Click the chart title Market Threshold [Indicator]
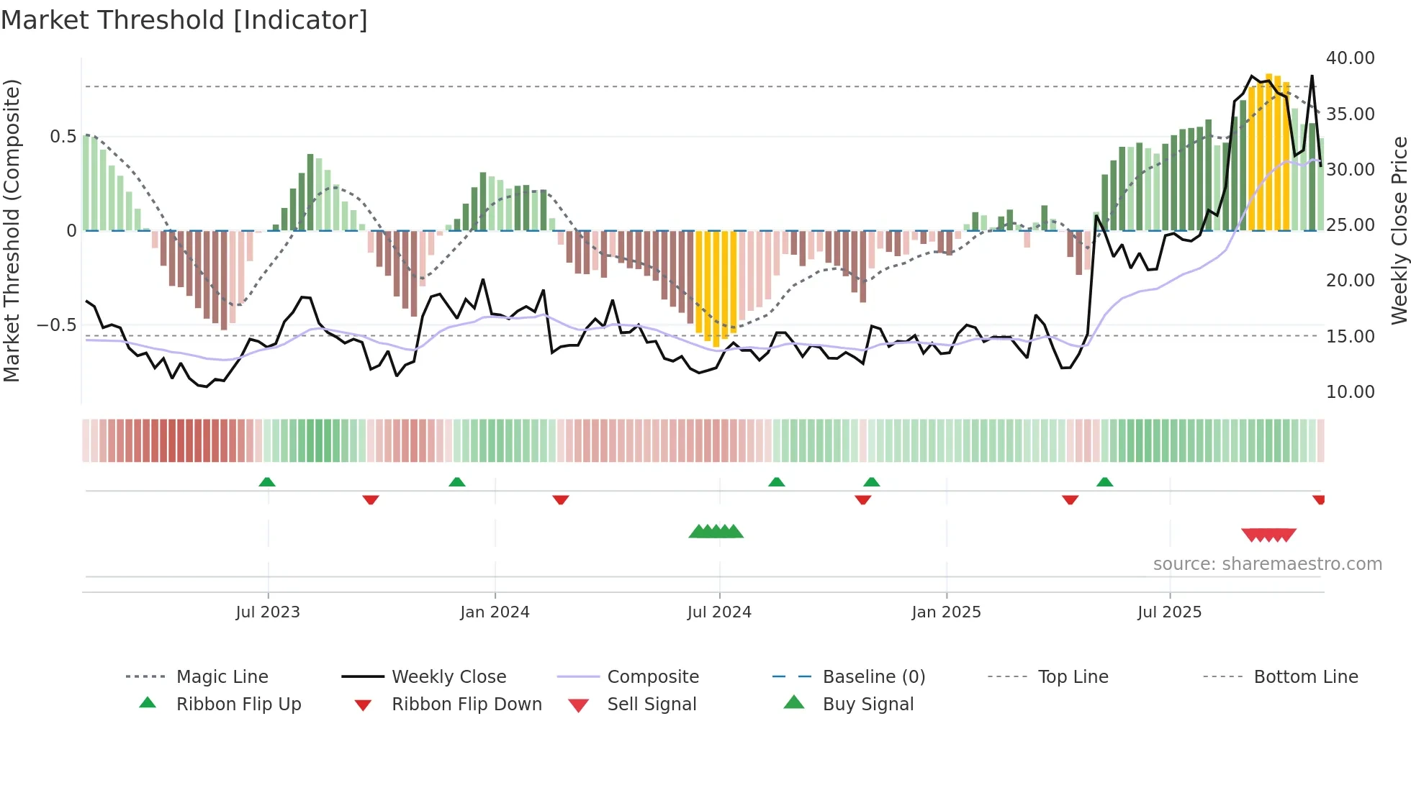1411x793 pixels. coord(184,20)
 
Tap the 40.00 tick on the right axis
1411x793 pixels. coord(1350,58)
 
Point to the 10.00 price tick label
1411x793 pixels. coord(1350,392)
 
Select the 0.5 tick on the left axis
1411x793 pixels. coord(63,137)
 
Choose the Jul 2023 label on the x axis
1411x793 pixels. coord(268,612)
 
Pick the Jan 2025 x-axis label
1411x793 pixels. coord(946,612)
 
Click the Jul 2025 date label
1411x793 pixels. coord(1169,612)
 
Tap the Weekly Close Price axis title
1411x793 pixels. coord(1399,230)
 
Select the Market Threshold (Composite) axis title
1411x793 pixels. coord(12,230)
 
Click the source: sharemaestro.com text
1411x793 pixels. coord(1267,564)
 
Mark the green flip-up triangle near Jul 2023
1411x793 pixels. coord(267,481)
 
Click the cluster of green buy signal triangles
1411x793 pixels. coord(716,532)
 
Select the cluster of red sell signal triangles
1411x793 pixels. coord(1268,535)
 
